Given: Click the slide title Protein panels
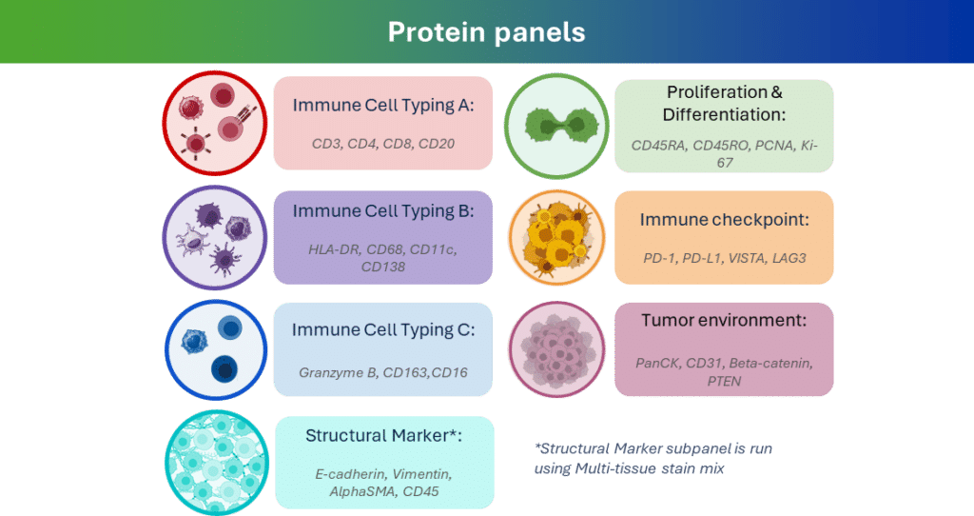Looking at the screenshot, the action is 486,31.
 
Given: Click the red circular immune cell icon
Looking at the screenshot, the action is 215,123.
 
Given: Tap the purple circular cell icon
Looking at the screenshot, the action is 215,237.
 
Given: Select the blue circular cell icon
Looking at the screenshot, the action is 216,350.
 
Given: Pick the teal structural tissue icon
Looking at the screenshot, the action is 217,463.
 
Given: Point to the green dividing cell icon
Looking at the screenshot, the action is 556,127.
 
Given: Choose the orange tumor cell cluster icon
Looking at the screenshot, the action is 556,237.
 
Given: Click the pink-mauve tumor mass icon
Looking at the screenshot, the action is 556,349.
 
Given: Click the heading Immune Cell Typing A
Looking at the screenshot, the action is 383,105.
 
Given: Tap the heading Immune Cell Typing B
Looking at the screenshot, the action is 383,211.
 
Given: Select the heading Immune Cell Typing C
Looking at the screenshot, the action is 383,329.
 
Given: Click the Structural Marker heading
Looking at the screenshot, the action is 383,435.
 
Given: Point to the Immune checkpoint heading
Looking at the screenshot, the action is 724,220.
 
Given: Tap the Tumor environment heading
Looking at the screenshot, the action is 724,320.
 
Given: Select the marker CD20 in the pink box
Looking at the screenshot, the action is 437,144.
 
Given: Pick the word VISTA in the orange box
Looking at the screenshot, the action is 745,258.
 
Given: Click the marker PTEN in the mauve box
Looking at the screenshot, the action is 724,381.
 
